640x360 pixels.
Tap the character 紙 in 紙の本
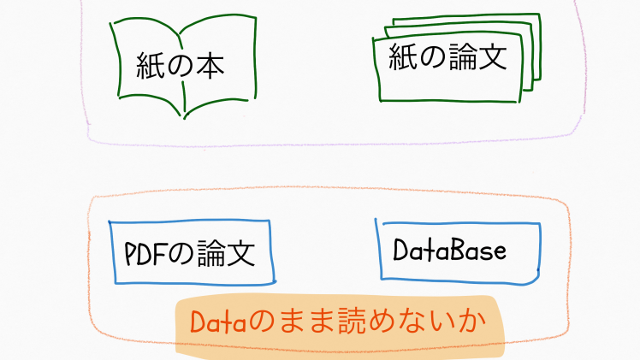point(150,66)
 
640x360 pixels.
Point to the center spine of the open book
point(182,74)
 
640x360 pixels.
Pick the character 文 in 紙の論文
point(493,56)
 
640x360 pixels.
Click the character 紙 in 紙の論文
point(402,56)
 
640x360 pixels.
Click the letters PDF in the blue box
point(145,254)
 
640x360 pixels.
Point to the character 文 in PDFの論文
point(241,253)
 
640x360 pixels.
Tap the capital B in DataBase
point(459,250)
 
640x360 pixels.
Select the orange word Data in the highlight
point(218,322)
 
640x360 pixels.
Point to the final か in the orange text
point(471,321)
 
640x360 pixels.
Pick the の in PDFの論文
point(181,253)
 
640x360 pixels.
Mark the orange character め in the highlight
point(382,322)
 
